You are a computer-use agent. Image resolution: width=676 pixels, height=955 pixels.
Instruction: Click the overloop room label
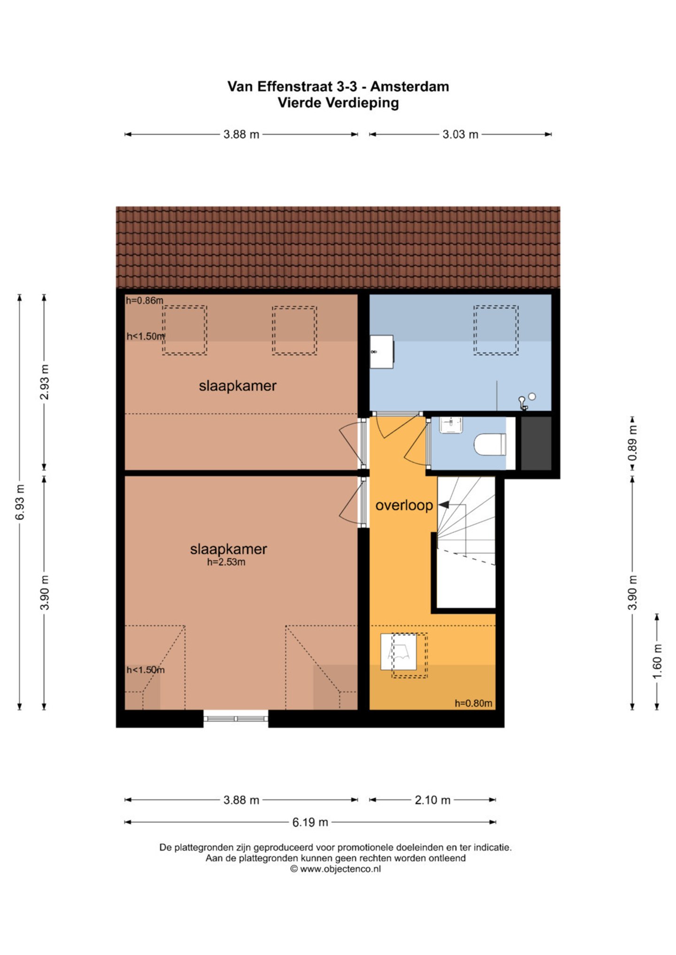point(404,505)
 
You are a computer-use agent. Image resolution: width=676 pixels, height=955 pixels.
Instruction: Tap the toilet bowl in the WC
point(490,444)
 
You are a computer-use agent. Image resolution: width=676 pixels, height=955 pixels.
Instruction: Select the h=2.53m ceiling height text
point(226,562)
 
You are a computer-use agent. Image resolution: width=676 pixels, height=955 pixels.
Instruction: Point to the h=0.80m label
point(473,703)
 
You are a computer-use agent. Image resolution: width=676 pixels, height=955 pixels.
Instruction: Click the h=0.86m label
point(145,301)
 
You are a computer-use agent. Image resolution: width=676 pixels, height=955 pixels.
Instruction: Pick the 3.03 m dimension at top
point(460,135)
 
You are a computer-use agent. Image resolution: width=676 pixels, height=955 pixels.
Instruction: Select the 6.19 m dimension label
point(310,822)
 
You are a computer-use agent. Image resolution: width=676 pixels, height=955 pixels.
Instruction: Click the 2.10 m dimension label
point(432,800)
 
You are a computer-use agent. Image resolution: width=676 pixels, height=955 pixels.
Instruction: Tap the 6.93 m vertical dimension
point(20,502)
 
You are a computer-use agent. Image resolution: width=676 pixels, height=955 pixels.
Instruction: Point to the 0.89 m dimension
point(632,443)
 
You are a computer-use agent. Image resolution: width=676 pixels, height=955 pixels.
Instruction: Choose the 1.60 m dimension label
point(657,661)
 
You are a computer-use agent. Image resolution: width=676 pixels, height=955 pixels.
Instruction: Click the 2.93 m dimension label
point(45,382)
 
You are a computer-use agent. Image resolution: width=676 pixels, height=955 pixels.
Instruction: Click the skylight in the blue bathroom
point(496,330)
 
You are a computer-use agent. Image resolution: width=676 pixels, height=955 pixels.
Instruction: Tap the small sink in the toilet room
point(451,425)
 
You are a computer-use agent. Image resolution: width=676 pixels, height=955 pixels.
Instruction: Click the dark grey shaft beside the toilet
point(536,443)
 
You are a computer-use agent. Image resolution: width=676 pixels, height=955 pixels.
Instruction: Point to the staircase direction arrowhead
point(443,505)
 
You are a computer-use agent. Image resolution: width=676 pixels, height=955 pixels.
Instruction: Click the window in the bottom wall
point(236,719)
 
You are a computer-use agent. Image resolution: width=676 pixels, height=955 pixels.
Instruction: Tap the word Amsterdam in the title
point(409,86)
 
